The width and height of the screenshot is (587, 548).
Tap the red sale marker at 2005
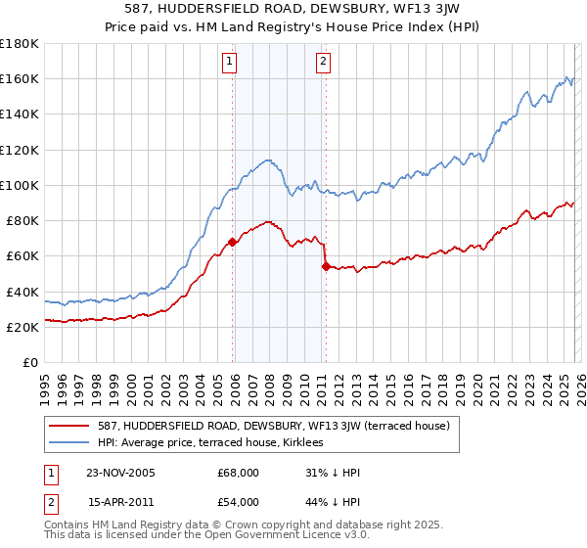tap(233, 242)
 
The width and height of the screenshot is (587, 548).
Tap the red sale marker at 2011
tap(326, 266)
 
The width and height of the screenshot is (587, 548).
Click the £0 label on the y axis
tap(29, 363)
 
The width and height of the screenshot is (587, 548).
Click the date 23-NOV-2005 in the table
tap(121, 473)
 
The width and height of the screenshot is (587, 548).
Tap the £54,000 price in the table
tap(238, 501)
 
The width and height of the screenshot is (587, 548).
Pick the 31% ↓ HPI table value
tap(333, 473)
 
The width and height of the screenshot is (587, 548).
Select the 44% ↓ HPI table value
tap(333, 501)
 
